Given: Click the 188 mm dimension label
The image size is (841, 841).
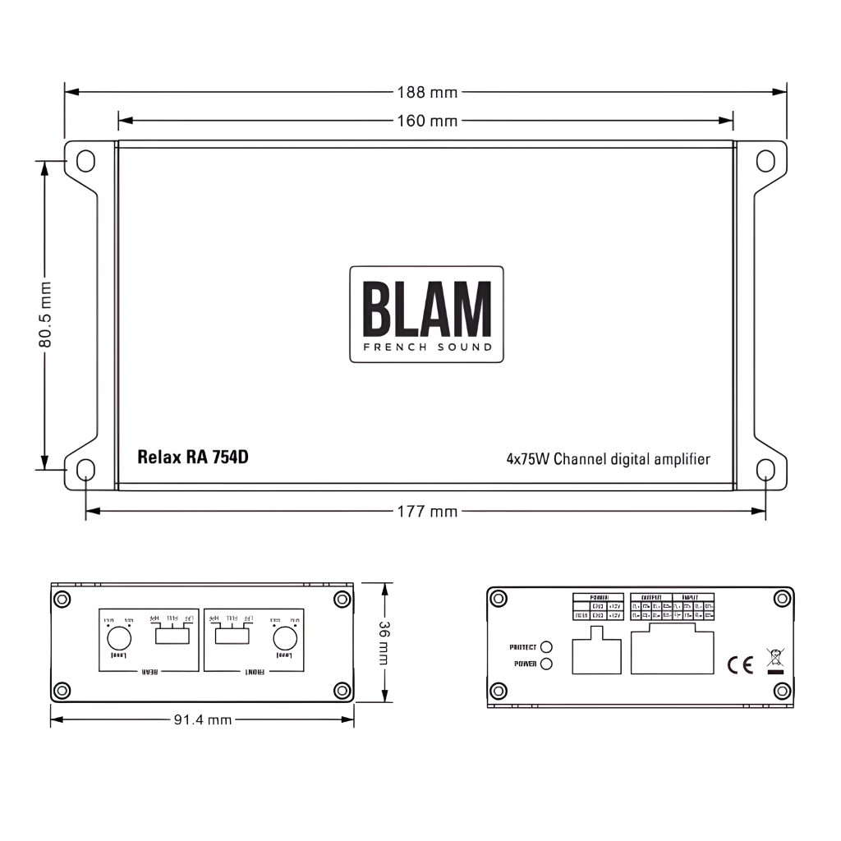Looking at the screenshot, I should point(426,92).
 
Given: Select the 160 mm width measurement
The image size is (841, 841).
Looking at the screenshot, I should point(426,121).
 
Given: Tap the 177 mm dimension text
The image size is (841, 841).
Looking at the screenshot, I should point(426,512).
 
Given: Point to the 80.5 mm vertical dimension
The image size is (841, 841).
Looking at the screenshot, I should point(45,315).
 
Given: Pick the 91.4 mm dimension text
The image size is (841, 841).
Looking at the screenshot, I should point(202,720).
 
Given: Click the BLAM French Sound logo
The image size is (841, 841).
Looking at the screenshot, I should point(426,314).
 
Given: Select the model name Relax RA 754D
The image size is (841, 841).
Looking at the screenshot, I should point(193,457).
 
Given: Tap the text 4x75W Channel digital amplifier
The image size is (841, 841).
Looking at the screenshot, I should point(608,459).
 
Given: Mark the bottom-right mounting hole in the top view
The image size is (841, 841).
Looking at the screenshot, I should point(765,470).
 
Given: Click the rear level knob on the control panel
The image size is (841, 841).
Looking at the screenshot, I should point(119,638).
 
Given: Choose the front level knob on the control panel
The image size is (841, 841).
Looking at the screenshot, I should point(285,638).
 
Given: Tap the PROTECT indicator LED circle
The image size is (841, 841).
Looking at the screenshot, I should point(546,648).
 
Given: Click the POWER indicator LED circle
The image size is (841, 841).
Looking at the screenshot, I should point(546,664).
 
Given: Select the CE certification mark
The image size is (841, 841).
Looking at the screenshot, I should point(740,664).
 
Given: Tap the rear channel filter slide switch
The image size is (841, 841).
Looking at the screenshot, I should point(171,634).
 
